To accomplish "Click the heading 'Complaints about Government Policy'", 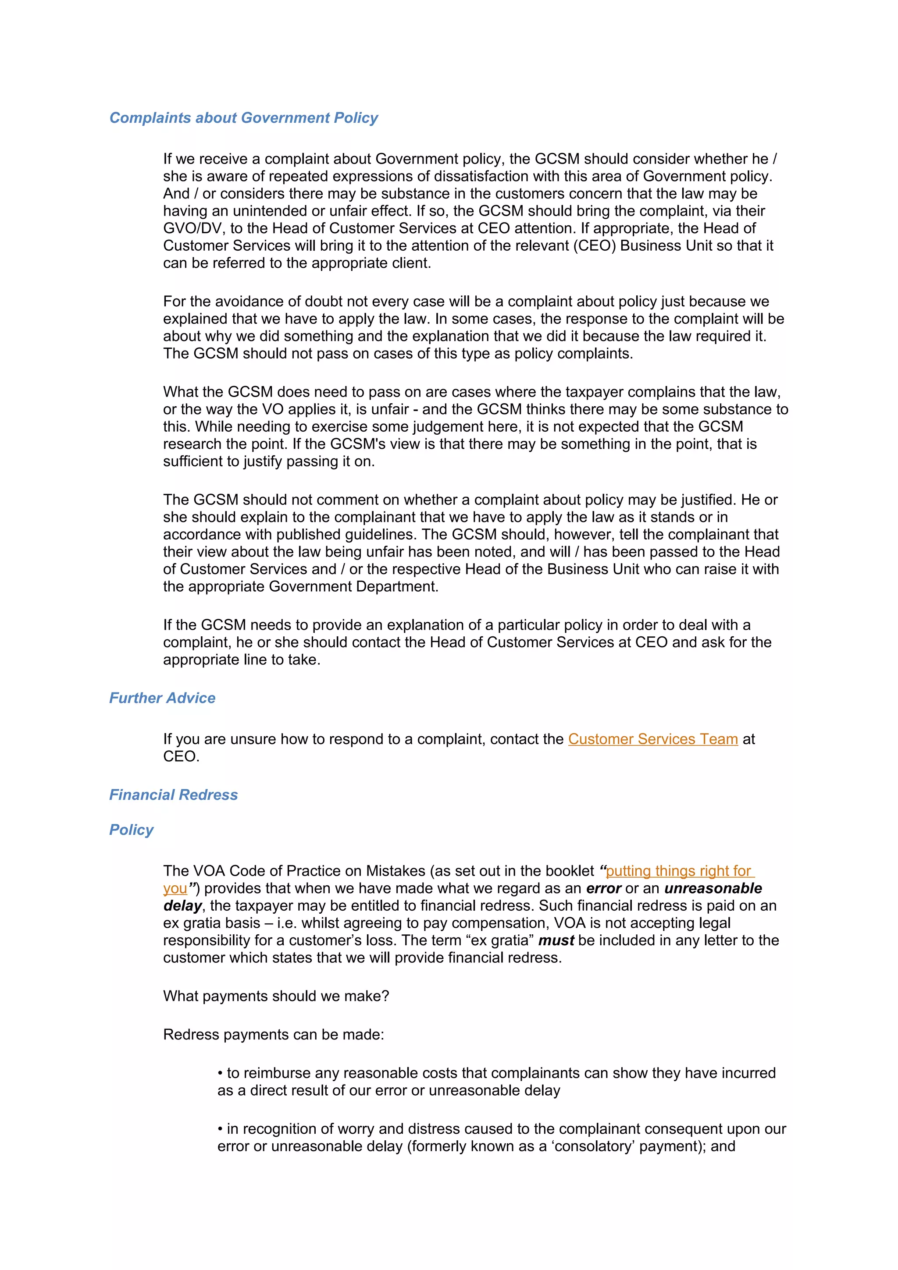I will (x=243, y=118).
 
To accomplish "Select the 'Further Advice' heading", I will (x=162, y=698).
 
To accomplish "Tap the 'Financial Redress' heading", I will (x=173, y=795).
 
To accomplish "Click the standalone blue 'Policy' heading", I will (x=131, y=830).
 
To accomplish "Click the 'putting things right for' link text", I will (x=678, y=871).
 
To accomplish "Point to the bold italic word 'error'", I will (x=604, y=888).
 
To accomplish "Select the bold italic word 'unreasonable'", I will (x=713, y=888).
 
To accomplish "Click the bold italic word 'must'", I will (x=556, y=940).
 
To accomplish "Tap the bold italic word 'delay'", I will (x=182, y=906).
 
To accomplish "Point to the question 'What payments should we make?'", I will (x=276, y=996).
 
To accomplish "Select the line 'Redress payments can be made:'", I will (x=273, y=1035).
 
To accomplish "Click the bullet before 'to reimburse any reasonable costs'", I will (x=220, y=1074).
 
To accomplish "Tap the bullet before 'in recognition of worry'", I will (x=220, y=1129).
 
